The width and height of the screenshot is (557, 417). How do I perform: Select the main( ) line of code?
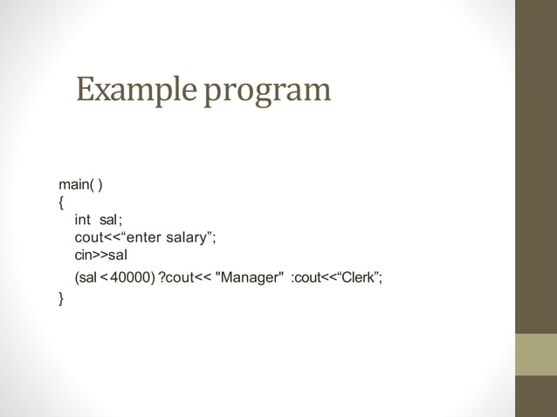click(x=81, y=185)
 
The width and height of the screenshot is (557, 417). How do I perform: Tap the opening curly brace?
click(x=61, y=203)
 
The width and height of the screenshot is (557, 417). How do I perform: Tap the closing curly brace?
click(x=61, y=298)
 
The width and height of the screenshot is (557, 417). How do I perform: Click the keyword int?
click(x=83, y=221)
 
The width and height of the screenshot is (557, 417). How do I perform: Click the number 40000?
click(x=132, y=278)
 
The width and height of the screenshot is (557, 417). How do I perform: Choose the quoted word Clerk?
click(x=358, y=278)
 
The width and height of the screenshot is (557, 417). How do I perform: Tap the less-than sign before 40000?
click(x=105, y=278)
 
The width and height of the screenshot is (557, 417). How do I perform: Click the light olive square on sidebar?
click(x=535, y=353)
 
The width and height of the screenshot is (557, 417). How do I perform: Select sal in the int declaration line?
click(x=109, y=221)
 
